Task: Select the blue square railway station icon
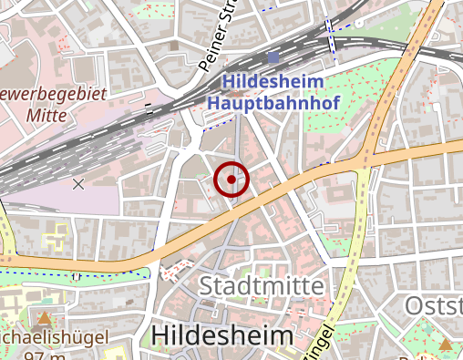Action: (273, 57)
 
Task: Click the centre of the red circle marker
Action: (231, 180)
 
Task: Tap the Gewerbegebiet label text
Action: (55, 94)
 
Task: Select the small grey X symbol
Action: (78, 184)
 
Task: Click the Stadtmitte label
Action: (261, 286)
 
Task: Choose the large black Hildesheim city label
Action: (222, 335)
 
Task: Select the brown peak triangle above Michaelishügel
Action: (44, 318)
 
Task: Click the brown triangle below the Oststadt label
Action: (446, 344)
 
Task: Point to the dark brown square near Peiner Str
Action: (174, 45)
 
